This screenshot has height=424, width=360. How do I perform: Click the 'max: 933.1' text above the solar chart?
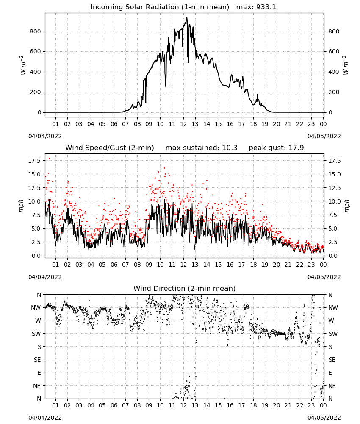[x=256, y=7]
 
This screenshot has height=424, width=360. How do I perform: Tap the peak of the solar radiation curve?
[x=187, y=18]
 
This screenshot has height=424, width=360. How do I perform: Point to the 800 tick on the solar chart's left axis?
[x=36, y=31]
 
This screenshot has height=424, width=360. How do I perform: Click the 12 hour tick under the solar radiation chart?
[x=183, y=124]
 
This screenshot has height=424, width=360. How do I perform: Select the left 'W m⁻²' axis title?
[x=23, y=65]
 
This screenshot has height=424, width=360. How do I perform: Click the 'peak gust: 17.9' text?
[x=276, y=148]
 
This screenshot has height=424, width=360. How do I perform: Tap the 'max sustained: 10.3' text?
[x=201, y=148]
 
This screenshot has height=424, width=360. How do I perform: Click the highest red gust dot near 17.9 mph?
[x=49, y=159]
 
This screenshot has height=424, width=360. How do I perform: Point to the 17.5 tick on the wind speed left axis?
[x=34, y=161]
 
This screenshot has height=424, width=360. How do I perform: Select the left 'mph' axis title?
[x=21, y=206]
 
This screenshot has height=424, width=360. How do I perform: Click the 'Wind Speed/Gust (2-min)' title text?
[x=110, y=148]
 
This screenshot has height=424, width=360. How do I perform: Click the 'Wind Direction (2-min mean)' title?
[x=185, y=288]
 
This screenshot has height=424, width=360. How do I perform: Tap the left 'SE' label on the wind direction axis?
[x=37, y=360]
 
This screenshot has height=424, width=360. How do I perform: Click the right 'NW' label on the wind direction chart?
[x=333, y=308]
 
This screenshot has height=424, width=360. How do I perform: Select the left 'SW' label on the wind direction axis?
[x=36, y=334]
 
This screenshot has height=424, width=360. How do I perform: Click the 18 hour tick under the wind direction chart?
[x=253, y=405]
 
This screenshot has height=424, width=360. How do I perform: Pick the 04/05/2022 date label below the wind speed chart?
[x=324, y=277]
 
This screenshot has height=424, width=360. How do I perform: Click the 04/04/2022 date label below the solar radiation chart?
[x=45, y=136]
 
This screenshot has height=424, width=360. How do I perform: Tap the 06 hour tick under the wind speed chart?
[x=114, y=265]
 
